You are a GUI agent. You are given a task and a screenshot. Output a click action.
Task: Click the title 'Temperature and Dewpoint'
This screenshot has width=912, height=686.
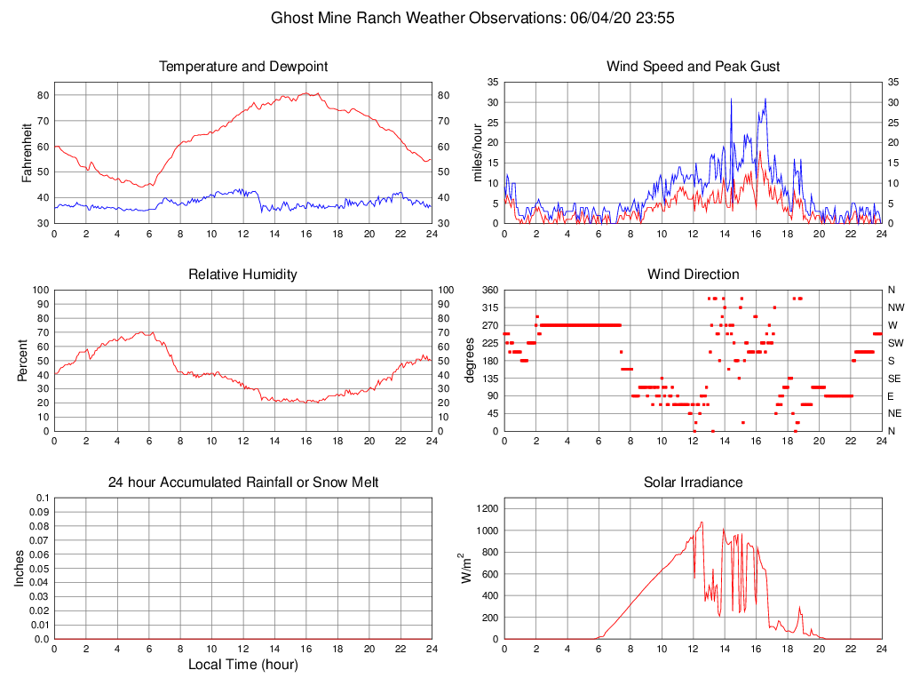pos(242,67)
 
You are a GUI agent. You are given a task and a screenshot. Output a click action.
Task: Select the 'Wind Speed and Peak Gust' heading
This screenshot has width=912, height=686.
pos(693,67)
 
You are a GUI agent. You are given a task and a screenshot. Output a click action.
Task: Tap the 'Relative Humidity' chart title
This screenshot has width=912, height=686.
pos(242,275)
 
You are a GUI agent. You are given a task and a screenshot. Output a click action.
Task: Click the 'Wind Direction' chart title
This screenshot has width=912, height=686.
pos(693,275)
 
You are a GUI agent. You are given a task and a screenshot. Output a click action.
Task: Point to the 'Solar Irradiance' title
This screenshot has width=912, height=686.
pos(693,483)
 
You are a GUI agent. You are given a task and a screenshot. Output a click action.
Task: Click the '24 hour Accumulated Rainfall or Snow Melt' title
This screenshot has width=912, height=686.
pos(242,483)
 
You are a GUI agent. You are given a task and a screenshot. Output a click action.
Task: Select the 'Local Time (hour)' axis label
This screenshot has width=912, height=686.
pos(242,665)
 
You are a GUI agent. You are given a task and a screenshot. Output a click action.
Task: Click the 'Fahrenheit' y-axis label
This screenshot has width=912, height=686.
pos(28,152)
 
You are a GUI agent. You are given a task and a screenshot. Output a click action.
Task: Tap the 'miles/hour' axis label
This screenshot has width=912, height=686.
pos(477,152)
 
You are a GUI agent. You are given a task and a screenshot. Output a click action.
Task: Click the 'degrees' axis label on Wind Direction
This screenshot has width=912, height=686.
pos(471,360)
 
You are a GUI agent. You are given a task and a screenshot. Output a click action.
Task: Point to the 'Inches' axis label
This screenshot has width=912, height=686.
pos(21,568)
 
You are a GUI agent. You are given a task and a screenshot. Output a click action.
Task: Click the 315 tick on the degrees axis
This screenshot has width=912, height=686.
pos(489,307)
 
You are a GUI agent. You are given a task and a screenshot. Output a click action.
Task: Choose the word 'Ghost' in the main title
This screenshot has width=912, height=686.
pos(291,18)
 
